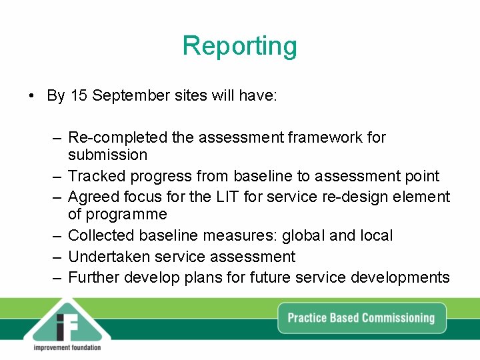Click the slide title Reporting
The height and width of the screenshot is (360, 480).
240,46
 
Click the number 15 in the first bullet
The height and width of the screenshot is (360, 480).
79,95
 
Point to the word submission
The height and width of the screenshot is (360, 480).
107,155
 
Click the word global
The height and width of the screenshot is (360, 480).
304,236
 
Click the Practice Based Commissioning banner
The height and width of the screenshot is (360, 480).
361,317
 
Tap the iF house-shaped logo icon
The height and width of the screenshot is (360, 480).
67,323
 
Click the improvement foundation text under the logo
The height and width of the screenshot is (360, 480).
67,347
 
